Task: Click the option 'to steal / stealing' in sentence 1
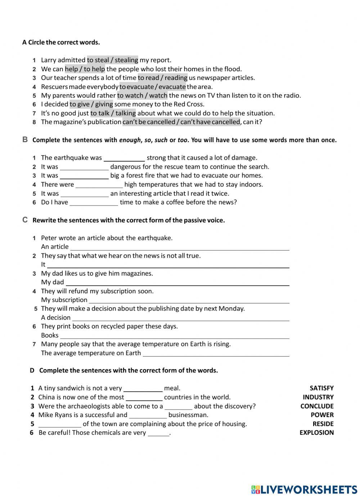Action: [x=112, y=60]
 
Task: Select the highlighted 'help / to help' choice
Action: [x=85, y=69]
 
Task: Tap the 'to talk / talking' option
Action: [x=113, y=113]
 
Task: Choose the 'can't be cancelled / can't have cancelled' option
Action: [x=181, y=122]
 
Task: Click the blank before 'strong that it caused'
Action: [x=124, y=158]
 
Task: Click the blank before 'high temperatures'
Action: [x=99, y=185]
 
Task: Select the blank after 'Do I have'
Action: [x=94, y=203]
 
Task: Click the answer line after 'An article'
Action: [x=180, y=247]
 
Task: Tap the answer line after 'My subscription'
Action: [x=189, y=301]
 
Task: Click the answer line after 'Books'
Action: [x=175, y=336]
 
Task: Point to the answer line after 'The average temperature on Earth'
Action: [x=216, y=353]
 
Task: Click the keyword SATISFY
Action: [x=321, y=388]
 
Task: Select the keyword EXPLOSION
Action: [x=316, y=433]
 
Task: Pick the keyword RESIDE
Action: [x=323, y=424]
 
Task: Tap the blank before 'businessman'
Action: [x=148, y=415]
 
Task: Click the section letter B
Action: [x=25, y=140]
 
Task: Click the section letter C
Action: [x=25, y=220]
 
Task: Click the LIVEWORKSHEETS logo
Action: [x=304, y=489]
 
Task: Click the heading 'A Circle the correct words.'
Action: [x=61, y=42]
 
